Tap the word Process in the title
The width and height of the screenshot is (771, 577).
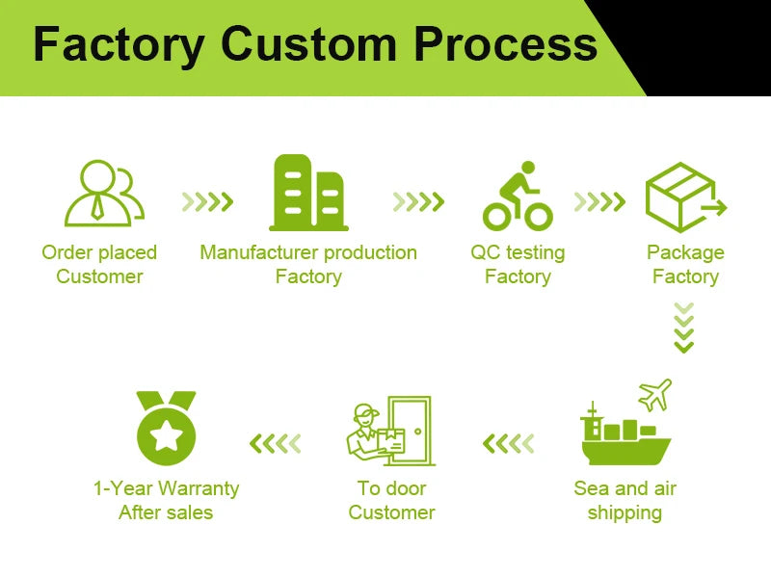(505, 45)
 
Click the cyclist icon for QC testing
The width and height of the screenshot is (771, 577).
(518, 197)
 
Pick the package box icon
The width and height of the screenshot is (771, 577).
(683, 197)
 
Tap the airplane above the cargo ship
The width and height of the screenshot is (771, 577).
(654, 394)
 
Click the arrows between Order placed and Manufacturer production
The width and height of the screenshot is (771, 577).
(208, 201)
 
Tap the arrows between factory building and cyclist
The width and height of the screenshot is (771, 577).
(418, 201)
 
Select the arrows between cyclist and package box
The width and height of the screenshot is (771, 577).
(599, 201)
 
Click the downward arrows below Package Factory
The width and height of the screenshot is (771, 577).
(683, 328)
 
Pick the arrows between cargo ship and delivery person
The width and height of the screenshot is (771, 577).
(508, 443)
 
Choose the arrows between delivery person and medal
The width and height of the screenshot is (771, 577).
(276, 443)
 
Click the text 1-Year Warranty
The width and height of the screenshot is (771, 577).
(166, 488)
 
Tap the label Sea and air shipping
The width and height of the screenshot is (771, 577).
(625, 500)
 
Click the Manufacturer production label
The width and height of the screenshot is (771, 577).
(308, 252)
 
